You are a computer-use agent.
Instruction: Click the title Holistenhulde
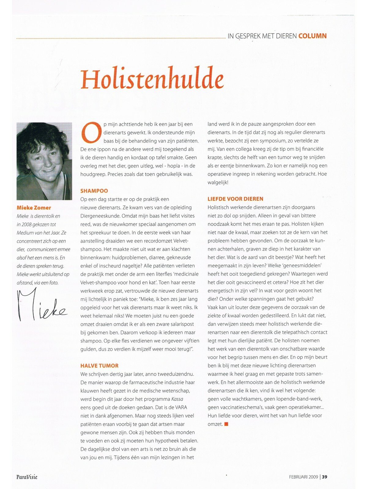[x=152, y=78]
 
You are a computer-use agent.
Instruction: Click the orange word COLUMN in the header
[x=312, y=36]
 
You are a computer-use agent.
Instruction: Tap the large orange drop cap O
[x=91, y=132]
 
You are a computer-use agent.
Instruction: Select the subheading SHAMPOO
[x=94, y=191]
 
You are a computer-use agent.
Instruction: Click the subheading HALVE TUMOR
[x=99, y=366]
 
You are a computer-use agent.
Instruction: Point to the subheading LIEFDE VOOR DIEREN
[x=235, y=199]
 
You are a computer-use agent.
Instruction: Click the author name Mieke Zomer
[x=34, y=208]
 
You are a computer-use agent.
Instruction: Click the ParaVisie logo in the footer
[x=27, y=477]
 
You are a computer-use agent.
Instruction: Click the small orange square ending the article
[x=226, y=424]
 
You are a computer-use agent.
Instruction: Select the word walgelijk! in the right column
[x=218, y=182]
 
